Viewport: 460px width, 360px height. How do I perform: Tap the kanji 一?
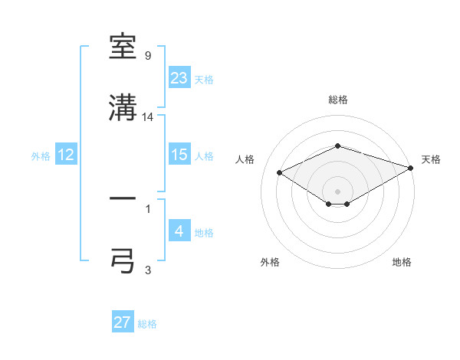pos(123,198)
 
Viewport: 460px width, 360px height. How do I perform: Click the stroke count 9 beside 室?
pos(148,56)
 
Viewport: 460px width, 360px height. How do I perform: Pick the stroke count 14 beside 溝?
pos(149,117)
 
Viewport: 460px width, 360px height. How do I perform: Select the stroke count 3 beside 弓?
pos(148,269)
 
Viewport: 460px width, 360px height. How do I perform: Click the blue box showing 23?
pos(179,78)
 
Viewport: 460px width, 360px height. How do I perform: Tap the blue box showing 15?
pos(179,155)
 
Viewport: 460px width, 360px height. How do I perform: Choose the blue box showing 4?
pos(179,231)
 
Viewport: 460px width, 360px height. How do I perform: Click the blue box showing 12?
pos(66,155)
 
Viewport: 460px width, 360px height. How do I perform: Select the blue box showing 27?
pos(123,322)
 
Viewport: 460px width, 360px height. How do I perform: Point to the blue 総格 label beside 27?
pos(147,324)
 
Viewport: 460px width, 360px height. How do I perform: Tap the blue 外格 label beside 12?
pos(41,156)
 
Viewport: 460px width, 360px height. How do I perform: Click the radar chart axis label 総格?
pos(338,100)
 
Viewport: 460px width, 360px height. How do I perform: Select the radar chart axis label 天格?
pos(431,159)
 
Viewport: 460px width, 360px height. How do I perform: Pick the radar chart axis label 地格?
pos(402,262)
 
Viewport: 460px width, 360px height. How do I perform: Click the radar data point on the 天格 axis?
pos(412,168)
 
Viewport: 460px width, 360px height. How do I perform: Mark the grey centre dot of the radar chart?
pos(338,191)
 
